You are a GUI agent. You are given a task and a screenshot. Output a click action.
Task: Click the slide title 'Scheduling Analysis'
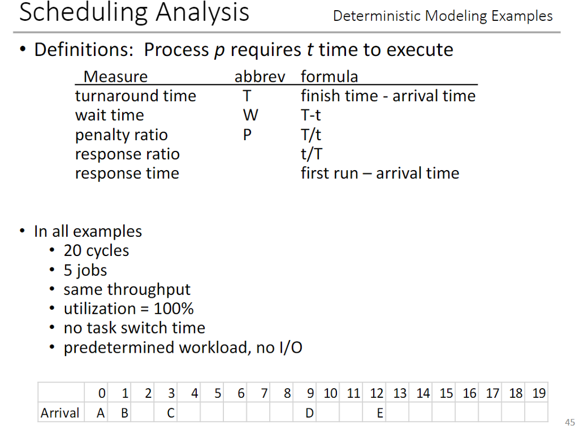(x=134, y=13)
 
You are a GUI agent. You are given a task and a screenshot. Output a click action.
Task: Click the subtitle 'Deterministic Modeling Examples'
(x=443, y=16)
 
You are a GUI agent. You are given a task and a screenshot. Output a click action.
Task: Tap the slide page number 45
(x=569, y=422)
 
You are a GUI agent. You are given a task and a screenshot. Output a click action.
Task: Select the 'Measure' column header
(x=115, y=76)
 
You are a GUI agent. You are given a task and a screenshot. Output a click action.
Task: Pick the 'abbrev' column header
(x=260, y=76)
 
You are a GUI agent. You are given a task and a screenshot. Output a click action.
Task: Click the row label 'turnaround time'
(x=135, y=96)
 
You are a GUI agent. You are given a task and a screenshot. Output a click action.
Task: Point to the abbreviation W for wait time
(x=250, y=115)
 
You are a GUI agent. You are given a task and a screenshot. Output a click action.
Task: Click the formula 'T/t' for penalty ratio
(x=311, y=134)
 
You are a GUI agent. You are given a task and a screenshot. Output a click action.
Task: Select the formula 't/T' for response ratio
(x=311, y=154)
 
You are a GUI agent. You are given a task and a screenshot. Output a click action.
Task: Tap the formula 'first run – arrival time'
(x=379, y=173)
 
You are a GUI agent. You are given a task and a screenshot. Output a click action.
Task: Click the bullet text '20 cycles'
(x=96, y=250)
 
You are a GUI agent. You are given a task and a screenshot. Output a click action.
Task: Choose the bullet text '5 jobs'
(x=85, y=270)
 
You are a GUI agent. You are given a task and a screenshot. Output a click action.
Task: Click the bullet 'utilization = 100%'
(x=128, y=309)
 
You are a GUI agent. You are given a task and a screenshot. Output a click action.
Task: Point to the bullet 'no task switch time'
(x=134, y=328)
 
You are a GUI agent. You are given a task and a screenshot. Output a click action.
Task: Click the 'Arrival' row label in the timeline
(x=60, y=413)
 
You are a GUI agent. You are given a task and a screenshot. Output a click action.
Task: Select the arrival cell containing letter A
(x=101, y=413)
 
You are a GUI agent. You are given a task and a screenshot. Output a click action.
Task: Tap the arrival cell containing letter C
(x=170, y=413)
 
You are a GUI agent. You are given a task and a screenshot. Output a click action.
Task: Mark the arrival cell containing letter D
(x=310, y=413)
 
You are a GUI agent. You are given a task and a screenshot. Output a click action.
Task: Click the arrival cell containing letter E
(x=380, y=413)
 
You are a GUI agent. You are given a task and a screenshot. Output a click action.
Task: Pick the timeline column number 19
(x=539, y=393)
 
